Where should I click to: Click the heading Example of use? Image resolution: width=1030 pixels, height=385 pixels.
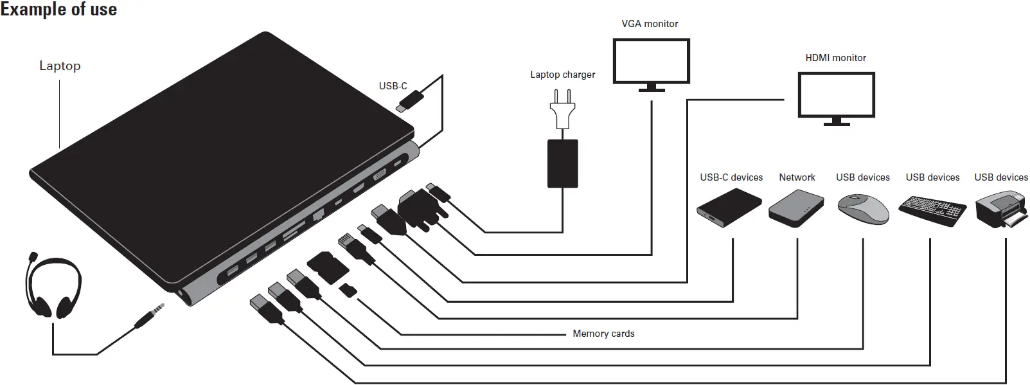[x=58, y=10]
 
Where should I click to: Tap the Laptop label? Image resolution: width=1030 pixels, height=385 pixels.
[x=60, y=66]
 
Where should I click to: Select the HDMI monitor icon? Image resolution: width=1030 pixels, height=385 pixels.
[x=835, y=97]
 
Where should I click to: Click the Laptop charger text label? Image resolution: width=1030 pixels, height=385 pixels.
[x=562, y=75]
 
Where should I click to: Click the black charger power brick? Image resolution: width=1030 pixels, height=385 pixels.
[x=562, y=163]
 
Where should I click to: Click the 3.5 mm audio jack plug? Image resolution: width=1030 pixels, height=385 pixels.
[x=149, y=317]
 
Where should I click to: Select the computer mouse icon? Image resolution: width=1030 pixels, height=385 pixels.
[x=863, y=208]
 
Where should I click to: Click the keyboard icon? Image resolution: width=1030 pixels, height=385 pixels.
[x=932, y=210]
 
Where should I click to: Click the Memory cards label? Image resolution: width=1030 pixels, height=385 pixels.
[x=603, y=334]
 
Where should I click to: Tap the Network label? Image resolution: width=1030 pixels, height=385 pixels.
[x=797, y=177]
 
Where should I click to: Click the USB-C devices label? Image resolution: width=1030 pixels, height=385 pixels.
[x=731, y=177]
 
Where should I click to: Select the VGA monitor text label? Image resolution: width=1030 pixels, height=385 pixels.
[x=650, y=24]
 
